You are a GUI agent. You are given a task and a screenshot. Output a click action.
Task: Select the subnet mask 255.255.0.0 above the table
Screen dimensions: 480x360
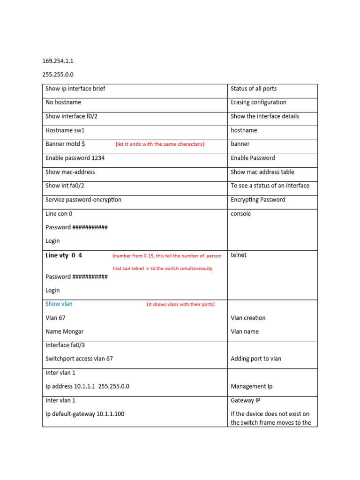(59, 75)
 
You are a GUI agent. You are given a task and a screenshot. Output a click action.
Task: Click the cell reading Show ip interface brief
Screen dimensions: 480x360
(75, 89)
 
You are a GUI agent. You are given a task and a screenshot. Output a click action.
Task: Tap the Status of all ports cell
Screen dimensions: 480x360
(254, 89)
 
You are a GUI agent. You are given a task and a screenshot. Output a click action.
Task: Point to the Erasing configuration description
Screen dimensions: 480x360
(258, 102)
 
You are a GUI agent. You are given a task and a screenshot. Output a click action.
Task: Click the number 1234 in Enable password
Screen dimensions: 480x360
(98, 158)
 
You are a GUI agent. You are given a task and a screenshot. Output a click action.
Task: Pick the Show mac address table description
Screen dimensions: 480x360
(262, 172)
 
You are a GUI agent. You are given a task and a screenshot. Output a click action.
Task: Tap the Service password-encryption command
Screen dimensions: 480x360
(83, 200)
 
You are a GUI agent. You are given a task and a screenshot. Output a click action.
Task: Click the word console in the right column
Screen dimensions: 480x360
(240, 214)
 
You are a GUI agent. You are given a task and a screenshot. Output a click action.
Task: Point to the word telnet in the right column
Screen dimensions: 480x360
(239, 255)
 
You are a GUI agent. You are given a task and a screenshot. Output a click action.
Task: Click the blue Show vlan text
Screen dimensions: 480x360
(59, 304)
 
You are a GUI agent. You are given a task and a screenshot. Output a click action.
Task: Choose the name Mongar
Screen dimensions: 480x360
(73, 331)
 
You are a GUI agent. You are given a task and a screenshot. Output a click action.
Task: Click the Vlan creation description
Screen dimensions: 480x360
(248, 318)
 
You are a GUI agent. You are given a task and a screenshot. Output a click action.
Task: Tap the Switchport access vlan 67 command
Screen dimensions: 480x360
(79, 359)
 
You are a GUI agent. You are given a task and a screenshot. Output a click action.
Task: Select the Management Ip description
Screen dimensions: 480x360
(251, 387)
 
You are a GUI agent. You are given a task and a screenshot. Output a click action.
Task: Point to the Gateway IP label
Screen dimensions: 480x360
(245, 400)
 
